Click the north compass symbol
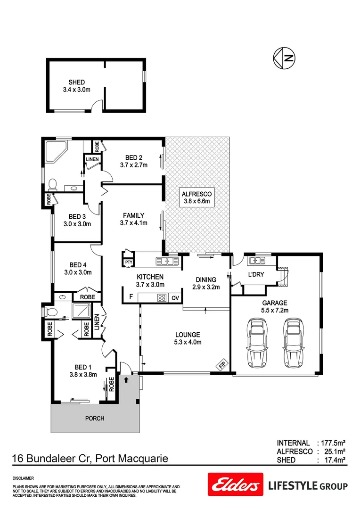[284, 58]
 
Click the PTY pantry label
[128, 262]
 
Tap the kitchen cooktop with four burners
[162, 297]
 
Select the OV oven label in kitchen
[174, 297]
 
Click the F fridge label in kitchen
[131, 297]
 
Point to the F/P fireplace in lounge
[221, 364]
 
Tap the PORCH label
[94, 418]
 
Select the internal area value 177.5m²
[333, 443]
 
